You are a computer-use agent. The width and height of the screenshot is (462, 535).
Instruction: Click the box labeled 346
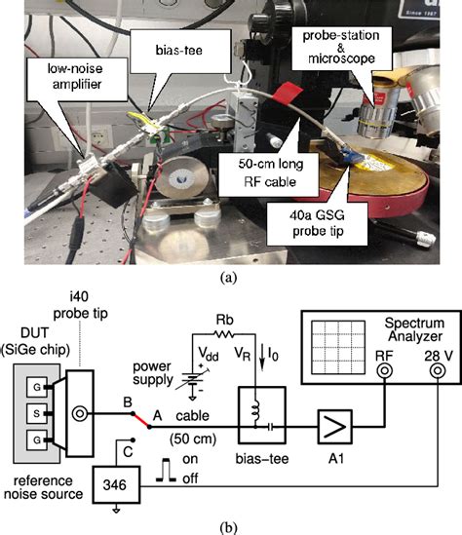(x=116, y=485)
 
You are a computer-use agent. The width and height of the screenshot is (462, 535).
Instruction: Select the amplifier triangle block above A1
(x=334, y=427)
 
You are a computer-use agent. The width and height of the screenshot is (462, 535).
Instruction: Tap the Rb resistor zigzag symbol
(x=224, y=333)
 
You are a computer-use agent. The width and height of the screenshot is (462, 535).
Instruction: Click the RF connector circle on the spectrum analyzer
(x=384, y=371)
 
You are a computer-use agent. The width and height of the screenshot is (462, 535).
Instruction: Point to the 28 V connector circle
(x=438, y=371)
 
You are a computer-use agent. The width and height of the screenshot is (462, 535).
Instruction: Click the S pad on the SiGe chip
(x=37, y=413)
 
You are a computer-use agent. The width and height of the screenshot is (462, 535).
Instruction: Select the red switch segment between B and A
(x=141, y=420)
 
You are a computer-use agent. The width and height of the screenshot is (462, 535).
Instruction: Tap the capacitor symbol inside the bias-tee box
(x=271, y=427)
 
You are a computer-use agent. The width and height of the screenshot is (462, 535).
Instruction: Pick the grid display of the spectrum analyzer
(x=338, y=348)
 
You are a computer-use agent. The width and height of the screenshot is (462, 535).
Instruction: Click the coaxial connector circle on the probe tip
(x=80, y=414)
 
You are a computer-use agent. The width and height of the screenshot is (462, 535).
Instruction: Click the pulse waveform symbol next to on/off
(x=166, y=470)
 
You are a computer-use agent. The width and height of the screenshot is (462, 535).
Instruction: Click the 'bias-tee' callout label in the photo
(x=179, y=50)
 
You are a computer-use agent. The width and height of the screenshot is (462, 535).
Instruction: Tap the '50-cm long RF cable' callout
(x=270, y=173)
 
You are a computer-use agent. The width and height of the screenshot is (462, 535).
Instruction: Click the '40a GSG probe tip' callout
(x=317, y=223)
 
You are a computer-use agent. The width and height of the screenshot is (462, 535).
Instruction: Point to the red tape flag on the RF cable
(x=287, y=94)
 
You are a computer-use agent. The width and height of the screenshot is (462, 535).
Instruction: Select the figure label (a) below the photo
(x=228, y=278)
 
